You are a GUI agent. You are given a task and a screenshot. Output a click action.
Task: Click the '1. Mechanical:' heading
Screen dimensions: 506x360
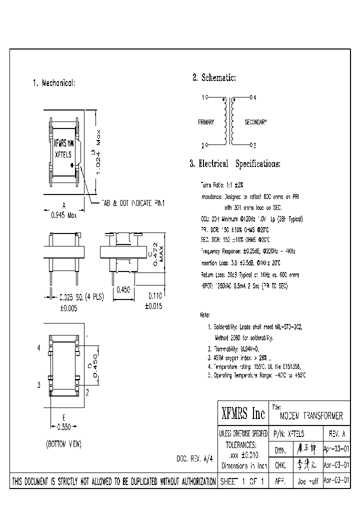pos(53,83)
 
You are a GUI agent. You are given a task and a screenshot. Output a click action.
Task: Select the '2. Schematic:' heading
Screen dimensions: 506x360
pos(213,77)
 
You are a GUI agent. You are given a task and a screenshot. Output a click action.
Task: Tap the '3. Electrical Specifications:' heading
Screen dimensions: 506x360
pos(234,163)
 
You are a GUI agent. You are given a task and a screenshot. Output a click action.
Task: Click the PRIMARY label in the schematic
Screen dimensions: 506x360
pos(206,122)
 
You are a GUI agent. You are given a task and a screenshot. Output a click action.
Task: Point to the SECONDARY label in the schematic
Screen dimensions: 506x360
pos(255,122)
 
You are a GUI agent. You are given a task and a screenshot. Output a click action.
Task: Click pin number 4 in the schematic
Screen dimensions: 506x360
pos(254,98)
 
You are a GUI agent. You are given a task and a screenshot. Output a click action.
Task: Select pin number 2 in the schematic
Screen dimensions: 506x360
pos(203,146)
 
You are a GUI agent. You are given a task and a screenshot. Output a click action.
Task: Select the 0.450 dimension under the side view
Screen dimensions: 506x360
pos(123,289)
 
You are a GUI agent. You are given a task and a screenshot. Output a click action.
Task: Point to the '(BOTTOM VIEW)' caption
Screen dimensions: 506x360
pos(63,444)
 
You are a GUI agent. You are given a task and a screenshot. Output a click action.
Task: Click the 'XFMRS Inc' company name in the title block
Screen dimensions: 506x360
pos(243,413)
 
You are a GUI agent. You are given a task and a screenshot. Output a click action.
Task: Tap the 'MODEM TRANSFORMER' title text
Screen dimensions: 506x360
pos(311,416)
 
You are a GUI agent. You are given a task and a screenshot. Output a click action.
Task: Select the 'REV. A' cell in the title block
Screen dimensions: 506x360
pos(336,434)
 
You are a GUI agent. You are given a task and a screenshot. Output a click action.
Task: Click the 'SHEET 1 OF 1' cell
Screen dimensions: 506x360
pos(243,481)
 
